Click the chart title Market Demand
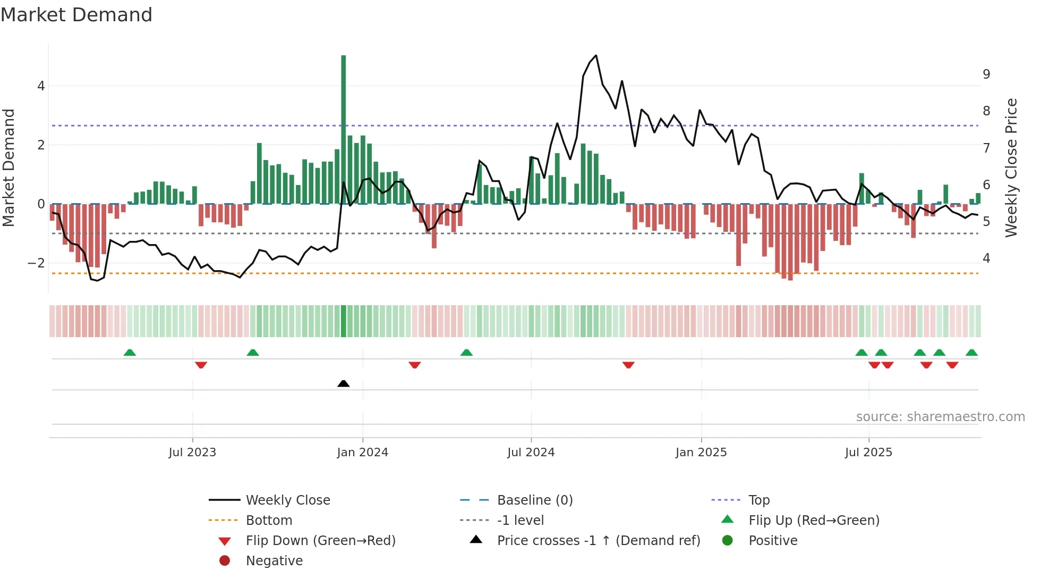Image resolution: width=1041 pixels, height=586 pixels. pyautogui.click(x=76, y=15)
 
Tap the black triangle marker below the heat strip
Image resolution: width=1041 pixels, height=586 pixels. pyautogui.click(x=344, y=383)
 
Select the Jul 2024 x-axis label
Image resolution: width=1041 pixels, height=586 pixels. pyautogui.click(x=531, y=453)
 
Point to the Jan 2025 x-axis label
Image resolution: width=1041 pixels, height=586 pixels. pyautogui.click(x=701, y=453)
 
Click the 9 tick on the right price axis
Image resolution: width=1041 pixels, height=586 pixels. pyautogui.click(x=986, y=74)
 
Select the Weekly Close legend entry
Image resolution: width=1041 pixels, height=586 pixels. pyautogui.click(x=287, y=500)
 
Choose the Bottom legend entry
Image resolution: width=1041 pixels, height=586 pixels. pyautogui.click(x=269, y=521)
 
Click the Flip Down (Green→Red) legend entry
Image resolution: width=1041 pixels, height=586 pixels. pyautogui.click(x=320, y=541)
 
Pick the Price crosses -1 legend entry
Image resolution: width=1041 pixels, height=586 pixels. pyautogui.click(x=598, y=541)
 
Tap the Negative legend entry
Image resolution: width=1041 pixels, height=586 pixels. pyautogui.click(x=274, y=561)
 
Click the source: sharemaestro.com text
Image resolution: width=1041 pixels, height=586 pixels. pyautogui.click(x=940, y=417)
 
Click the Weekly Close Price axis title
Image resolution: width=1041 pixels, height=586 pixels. pyautogui.click(x=1011, y=168)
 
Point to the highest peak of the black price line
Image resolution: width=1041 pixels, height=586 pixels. pyautogui.click(x=596, y=55)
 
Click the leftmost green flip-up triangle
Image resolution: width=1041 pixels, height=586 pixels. pyautogui.click(x=130, y=353)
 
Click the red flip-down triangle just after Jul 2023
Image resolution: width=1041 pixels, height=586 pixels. pyautogui.click(x=201, y=365)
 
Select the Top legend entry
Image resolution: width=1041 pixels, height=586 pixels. pyautogui.click(x=758, y=500)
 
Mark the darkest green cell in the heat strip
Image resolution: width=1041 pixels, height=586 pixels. pyautogui.click(x=344, y=321)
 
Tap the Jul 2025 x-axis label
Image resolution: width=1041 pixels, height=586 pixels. pyautogui.click(x=868, y=453)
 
